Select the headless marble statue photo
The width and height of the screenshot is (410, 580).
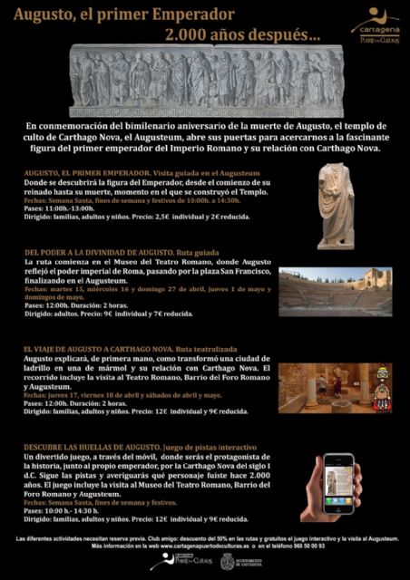(x=336, y=205)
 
